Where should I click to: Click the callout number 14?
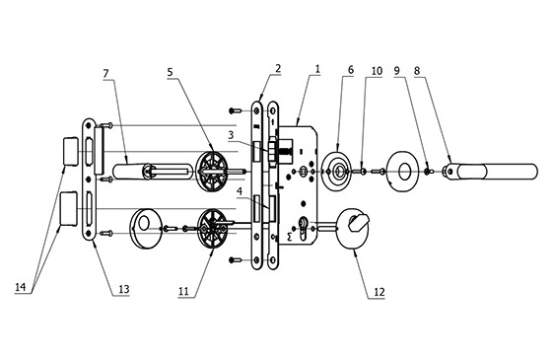coord(21,287)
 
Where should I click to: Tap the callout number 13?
coord(123,289)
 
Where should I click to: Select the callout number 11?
coord(183,291)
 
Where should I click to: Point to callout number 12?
coord(379,293)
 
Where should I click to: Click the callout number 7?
coord(106,74)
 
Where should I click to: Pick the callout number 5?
coord(171,73)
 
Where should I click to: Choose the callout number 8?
coord(417,71)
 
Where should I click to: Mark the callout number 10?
coord(377,71)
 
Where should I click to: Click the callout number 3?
coord(231,135)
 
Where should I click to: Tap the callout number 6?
coord(351,70)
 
